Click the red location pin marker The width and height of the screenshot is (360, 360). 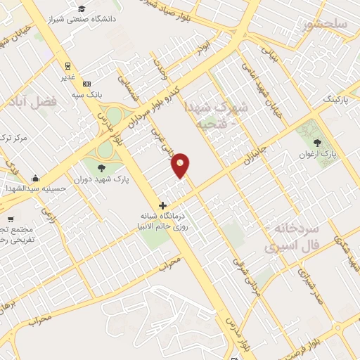[181, 165]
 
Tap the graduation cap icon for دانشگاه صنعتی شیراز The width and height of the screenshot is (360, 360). [83, 8]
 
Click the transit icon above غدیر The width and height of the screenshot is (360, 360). [67, 67]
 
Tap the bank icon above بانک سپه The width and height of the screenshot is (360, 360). [87, 84]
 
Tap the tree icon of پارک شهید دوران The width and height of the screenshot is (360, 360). [101, 167]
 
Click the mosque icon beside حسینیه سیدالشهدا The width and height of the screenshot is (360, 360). [35, 178]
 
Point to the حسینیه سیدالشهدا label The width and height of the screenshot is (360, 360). [35, 188]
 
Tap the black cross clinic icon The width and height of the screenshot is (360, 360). [163, 205]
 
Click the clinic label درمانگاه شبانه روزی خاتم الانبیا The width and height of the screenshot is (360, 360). [163, 221]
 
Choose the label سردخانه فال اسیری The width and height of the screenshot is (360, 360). [292, 238]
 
